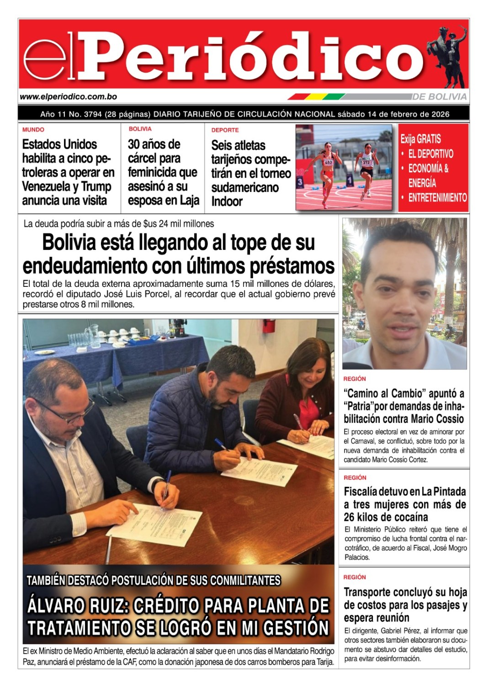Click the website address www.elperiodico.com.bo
[69, 97]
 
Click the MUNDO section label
[33, 130]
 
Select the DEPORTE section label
[225, 130]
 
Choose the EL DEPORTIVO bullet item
[430, 154]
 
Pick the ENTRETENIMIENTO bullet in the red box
[437, 198]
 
